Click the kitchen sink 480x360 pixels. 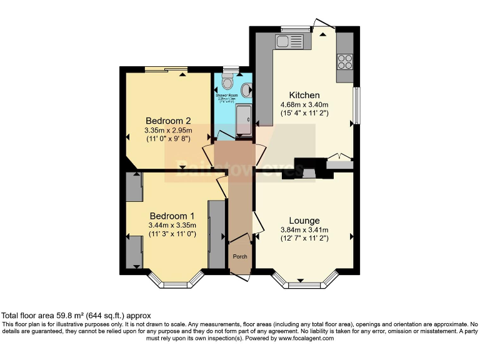pos(289,42)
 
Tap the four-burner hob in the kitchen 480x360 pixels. pos(345,62)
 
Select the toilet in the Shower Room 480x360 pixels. pos(227,82)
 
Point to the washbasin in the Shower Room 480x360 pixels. pos(250,89)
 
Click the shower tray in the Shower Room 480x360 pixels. pos(244,117)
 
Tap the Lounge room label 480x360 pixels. pos(304,221)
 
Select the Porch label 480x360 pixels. pos(239,257)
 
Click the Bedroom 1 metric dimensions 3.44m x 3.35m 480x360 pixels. pos(172,226)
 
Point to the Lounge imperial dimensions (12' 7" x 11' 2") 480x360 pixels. pos(304,239)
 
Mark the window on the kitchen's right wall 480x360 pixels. pos(356,105)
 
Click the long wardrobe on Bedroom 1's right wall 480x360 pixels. pos(216,234)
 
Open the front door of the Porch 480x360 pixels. pos(239,276)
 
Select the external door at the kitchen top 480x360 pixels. pos(324,26)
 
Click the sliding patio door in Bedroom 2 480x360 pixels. pos(166,69)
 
